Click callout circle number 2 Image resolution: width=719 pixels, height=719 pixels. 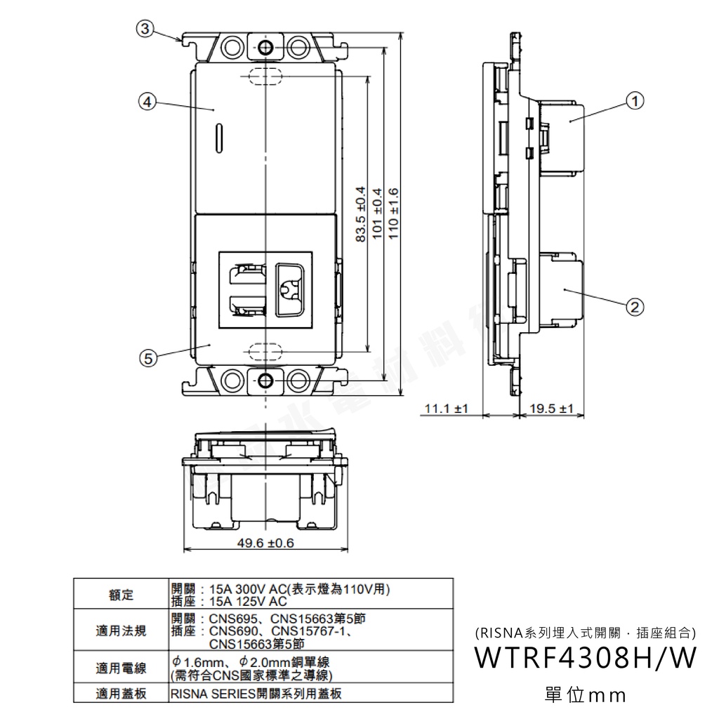coord(634,306)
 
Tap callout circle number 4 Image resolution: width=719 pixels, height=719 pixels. coord(147,102)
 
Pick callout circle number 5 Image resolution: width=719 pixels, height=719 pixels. coord(147,357)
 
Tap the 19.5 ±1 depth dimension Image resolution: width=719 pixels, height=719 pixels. coord(552,408)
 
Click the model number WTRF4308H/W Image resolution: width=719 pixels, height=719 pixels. coord(586,659)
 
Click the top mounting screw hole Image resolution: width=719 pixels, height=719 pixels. coord(265,48)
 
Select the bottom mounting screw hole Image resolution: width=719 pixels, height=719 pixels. coord(265,381)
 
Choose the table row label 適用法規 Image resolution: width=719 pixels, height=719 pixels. coord(121,631)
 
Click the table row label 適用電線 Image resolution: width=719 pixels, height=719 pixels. coord(121,668)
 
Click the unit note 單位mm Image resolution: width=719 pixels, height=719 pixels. coord(585,695)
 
